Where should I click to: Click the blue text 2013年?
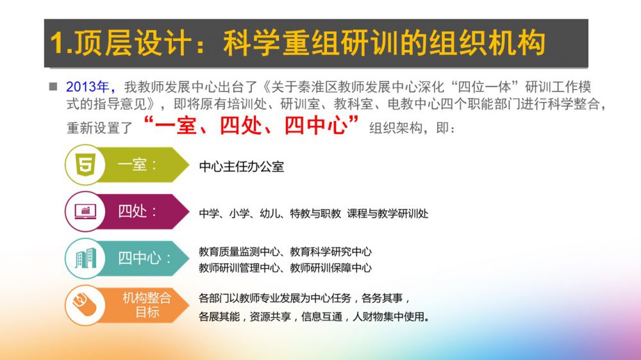(x=87, y=87)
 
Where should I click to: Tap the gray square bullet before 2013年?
(x=53, y=86)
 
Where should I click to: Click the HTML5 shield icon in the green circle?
(x=85, y=164)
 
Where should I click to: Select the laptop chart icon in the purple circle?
(x=85, y=211)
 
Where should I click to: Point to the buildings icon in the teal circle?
(x=86, y=258)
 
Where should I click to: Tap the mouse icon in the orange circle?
(x=85, y=305)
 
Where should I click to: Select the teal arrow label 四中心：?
(x=144, y=258)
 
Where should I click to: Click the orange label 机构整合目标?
(x=147, y=305)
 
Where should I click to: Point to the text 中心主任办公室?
(x=241, y=167)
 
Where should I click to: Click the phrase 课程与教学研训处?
(x=388, y=213)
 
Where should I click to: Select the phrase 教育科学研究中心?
(x=331, y=252)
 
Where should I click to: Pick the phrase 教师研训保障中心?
(x=331, y=268)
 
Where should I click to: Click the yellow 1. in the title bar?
(x=62, y=43)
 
